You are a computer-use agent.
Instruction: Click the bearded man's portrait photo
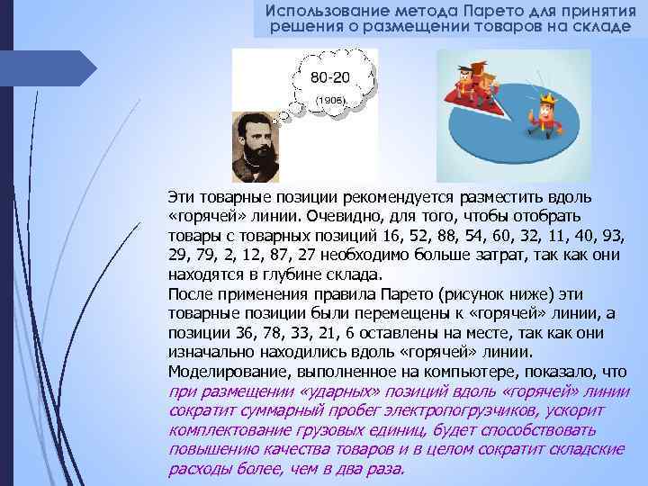256,146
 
